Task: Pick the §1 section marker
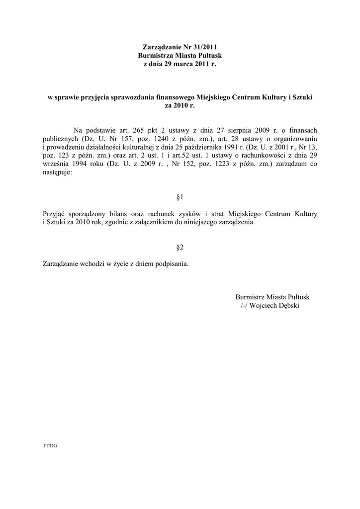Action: coord(180,197)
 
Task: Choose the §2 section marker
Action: coord(180,247)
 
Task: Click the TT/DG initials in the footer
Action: coord(50,446)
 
